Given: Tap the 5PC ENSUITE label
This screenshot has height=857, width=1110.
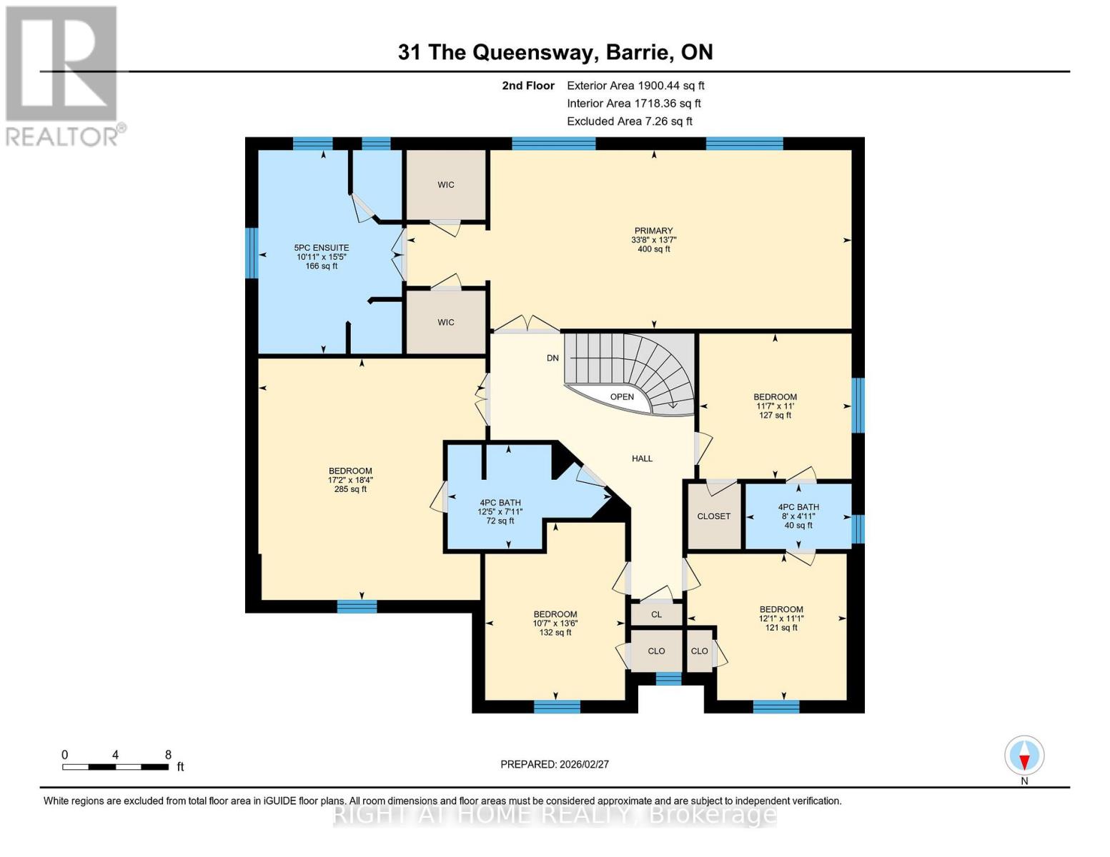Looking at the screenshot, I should tap(322, 248).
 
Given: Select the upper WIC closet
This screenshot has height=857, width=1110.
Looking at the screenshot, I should tap(446, 185).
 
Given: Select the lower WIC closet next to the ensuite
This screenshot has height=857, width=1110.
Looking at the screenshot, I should tap(446, 322).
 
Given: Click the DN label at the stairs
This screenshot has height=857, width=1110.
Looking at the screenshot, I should tap(552, 358).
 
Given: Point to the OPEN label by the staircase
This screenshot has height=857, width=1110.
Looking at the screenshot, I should tap(622, 397).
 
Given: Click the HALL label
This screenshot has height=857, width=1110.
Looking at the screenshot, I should tap(642, 458).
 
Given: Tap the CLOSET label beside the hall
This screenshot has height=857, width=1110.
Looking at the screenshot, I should tap(713, 516).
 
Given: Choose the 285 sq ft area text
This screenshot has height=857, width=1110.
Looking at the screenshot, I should tap(350, 489).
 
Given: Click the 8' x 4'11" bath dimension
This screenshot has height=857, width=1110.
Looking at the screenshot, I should tap(798, 516).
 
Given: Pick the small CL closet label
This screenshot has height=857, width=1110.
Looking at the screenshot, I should tap(656, 614).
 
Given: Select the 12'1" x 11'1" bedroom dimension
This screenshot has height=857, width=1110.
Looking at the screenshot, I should tap(781, 618).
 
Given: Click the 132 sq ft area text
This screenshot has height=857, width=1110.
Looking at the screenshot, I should tap(555, 632).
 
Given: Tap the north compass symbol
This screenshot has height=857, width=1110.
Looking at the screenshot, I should tap(1024, 756).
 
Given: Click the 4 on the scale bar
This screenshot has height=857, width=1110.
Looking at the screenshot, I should tap(115, 755).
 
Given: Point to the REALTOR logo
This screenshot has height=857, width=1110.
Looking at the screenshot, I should tap(63, 75).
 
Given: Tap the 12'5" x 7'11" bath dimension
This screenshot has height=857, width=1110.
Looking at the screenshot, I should tap(500, 512).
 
